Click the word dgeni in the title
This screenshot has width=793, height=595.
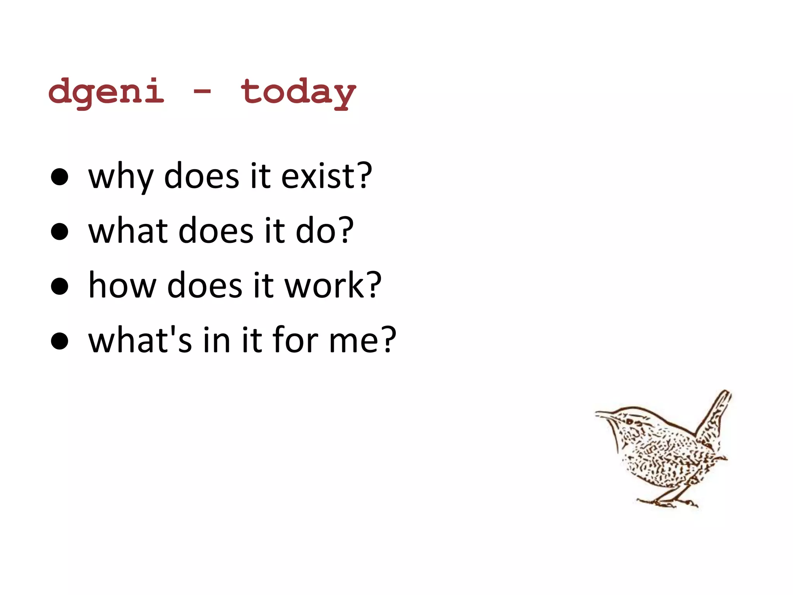pos(106,92)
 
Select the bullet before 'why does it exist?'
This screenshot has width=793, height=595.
pos(60,177)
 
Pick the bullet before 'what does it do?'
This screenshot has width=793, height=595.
pos(60,232)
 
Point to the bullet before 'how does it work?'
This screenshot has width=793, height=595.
pos(60,286)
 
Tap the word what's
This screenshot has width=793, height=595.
pos(139,340)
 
